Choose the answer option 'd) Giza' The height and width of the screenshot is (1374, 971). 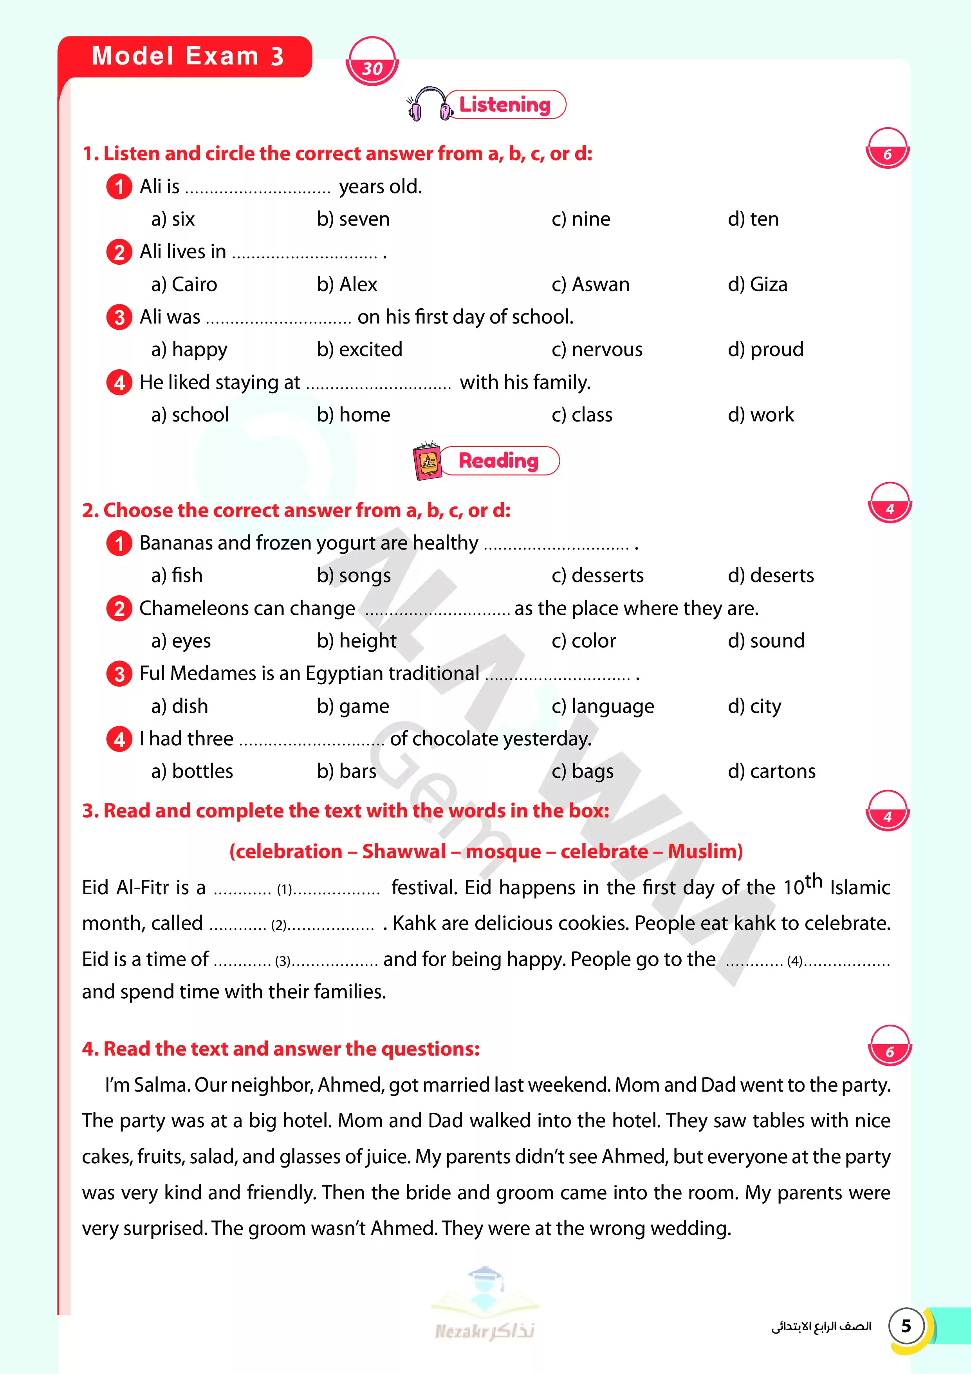[757, 284]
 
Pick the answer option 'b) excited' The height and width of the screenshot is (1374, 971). [359, 349]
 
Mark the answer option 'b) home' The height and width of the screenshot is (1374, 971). [354, 415]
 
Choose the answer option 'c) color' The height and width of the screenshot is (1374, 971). [583, 641]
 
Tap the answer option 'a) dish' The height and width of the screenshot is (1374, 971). [179, 706]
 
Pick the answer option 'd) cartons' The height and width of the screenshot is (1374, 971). [771, 771]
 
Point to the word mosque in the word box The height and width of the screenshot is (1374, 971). [503, 851]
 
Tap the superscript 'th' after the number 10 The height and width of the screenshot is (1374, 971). [814, 881]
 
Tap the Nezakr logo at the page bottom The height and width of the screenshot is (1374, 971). [485, 1305]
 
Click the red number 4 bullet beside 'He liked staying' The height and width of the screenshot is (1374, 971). [119, 382]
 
